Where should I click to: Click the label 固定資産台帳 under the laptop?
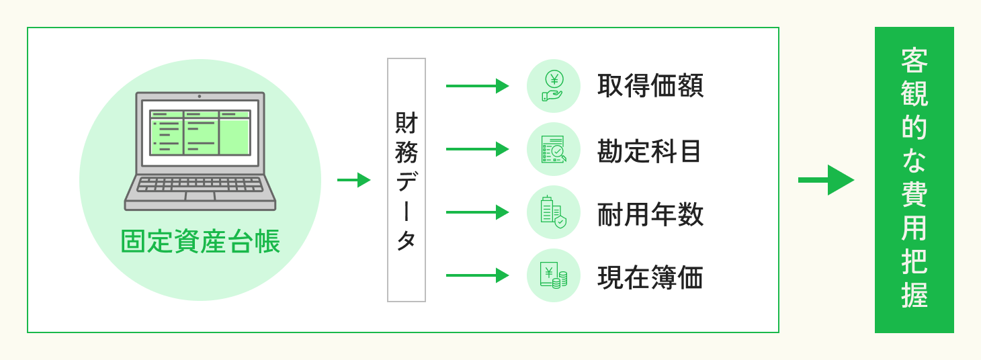(x=200, y=242)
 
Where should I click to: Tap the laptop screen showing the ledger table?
(x=200, y=132)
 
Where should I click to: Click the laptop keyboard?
(x=200, y=184)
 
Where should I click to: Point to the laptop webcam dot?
(x=200, y=96)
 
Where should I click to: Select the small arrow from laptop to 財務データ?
(x=353, y=180)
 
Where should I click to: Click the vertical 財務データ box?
(x=407, y=180)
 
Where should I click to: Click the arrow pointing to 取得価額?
(x=477, y=86)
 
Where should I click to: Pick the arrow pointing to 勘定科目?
(x=477, y=149)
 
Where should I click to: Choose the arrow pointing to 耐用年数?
(x=477, y=212)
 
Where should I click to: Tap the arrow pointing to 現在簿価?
(x=477, y=275)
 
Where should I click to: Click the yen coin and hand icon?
(x=554, y=86)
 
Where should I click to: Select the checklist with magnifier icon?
(x=554, y=149)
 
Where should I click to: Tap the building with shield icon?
(x=554, y=212)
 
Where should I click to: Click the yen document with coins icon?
(x=554, y=275)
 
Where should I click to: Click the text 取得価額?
(x=650, y=86)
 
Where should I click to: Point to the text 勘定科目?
(x=650, y=150)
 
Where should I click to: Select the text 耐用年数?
(x=650, y=214)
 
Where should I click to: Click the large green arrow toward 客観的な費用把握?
(x=826, y=180)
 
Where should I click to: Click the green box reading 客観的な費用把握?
(x=914, y=180)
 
